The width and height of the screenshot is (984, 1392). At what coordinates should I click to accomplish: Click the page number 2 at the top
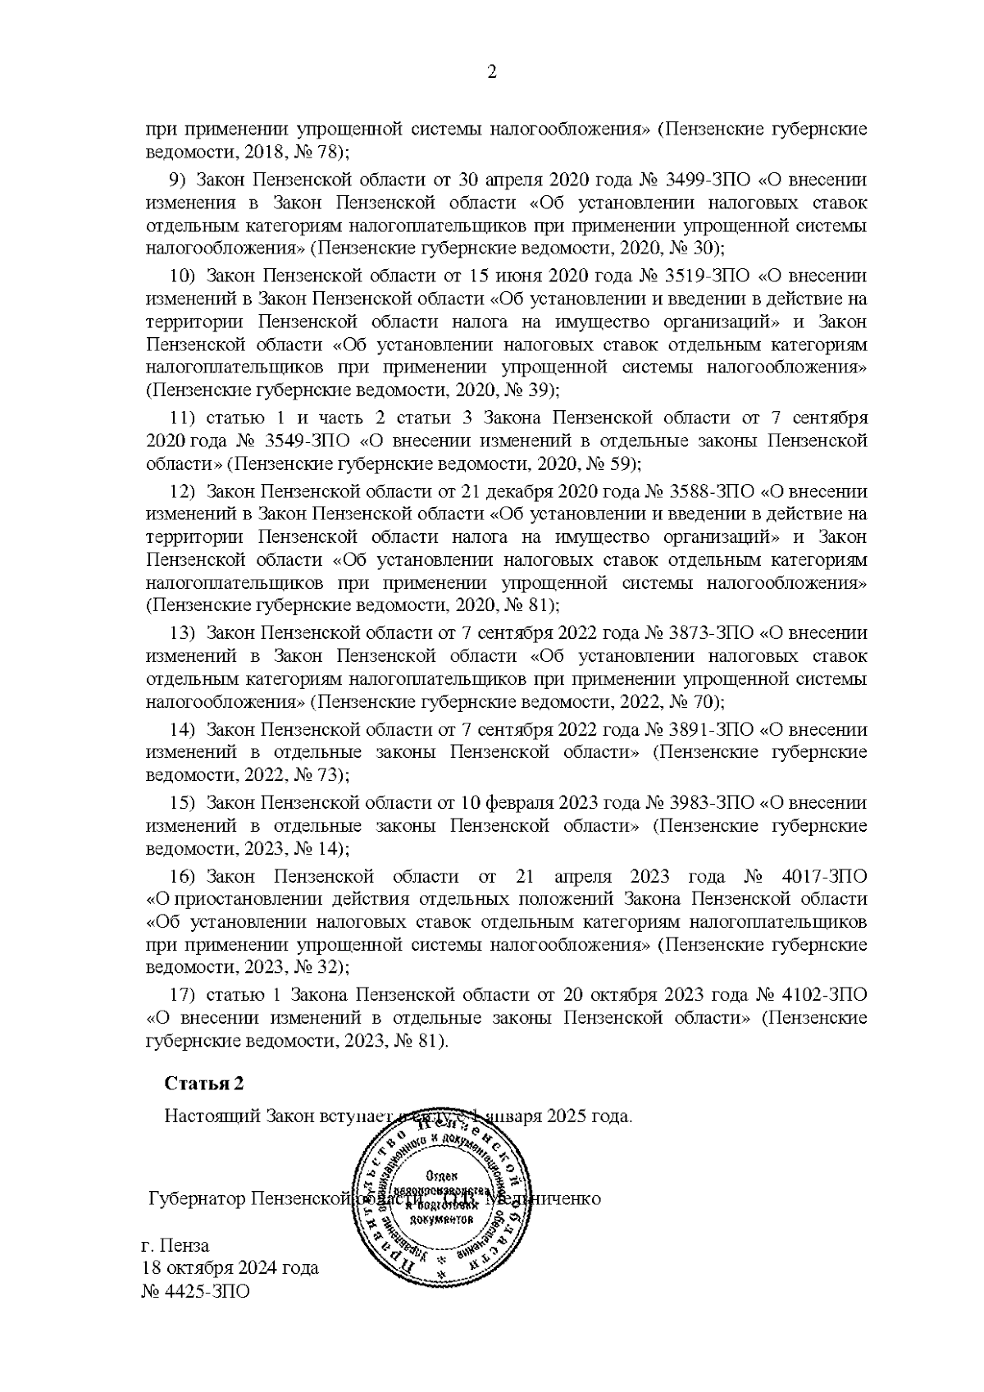[492, 73]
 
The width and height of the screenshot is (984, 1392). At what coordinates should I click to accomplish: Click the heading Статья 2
[204, 1084]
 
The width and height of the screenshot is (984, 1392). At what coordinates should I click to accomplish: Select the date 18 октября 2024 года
[230, 1267]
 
